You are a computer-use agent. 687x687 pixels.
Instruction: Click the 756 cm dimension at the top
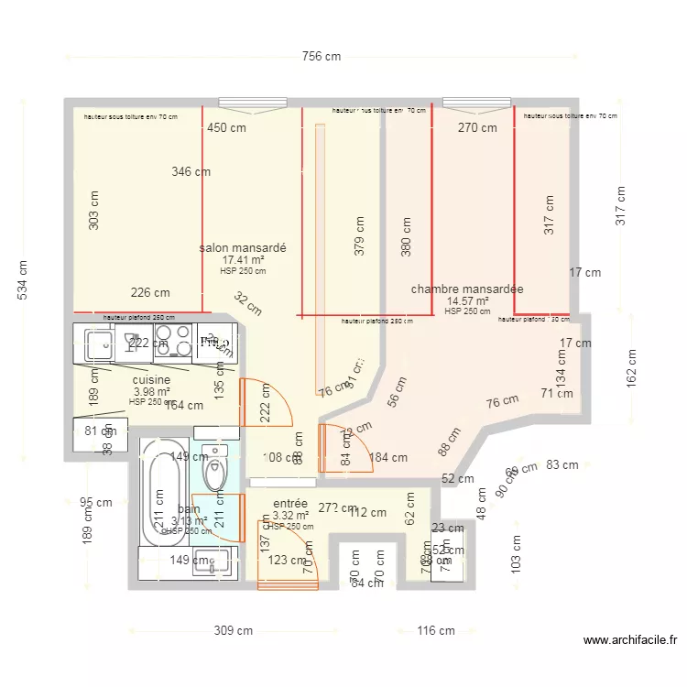point(322,57)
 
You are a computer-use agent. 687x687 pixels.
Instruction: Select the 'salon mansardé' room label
point(243,248)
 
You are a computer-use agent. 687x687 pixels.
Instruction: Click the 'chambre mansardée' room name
point(467,289)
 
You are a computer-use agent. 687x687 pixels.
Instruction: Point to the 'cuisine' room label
point(151,380)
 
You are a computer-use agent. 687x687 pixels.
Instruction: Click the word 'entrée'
point(290,504)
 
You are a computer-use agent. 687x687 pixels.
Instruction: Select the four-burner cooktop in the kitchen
point(171,343)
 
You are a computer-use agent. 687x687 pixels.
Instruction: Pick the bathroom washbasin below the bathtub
point(216,562)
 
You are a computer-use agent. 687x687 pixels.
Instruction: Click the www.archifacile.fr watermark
point(629,641)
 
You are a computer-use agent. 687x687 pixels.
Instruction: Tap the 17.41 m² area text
point(243,260)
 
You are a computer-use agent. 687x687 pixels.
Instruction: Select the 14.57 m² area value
point(467,301)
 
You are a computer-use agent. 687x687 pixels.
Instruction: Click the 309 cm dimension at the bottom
point(233,631)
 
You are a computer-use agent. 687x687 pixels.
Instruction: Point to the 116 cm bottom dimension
point(435,631)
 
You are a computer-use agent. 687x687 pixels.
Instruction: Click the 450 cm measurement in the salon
point(226,128)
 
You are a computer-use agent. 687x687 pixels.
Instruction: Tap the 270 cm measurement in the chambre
point(477,128)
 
